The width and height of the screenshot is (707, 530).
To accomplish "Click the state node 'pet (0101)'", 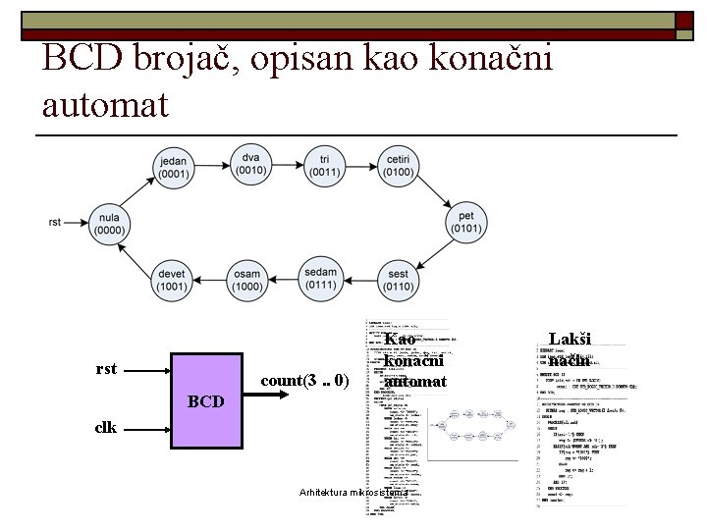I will [x=465, y=222].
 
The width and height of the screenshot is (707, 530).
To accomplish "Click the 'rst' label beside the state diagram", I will [x=55, y=223].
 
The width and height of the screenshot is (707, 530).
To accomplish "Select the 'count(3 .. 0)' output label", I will [x=304, y=380].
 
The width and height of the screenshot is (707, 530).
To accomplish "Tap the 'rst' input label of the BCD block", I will [x=107, y=369].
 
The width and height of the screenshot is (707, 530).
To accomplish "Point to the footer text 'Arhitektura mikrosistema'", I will [x=360, y=491].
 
